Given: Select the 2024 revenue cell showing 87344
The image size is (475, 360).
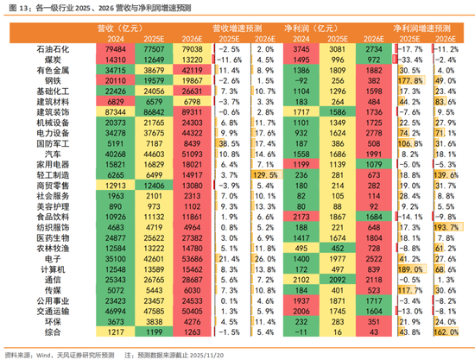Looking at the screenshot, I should pyautogui.click(x=115, y=112).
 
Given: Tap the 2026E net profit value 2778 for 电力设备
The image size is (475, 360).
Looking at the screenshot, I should pyautogui.click(x=374, y=133).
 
